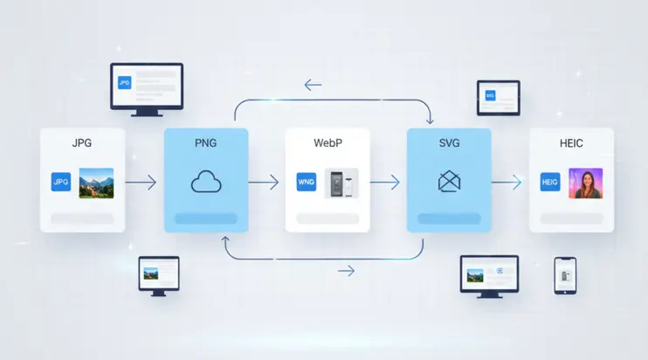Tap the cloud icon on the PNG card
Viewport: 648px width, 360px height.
206,182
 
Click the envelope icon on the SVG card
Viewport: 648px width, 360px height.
449,182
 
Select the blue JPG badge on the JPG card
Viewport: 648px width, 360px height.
61,182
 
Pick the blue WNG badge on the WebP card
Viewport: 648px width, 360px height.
306,183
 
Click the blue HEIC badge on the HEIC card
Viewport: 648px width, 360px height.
550,183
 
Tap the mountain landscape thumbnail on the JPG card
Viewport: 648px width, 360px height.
96,183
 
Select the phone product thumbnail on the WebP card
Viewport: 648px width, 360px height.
341,183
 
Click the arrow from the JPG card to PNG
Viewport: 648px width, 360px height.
141,183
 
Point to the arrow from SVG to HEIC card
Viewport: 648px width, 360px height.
506,183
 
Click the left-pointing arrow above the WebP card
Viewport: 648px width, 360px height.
313,85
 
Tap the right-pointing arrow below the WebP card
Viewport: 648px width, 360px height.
346,271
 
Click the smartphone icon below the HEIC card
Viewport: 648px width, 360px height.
564,274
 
